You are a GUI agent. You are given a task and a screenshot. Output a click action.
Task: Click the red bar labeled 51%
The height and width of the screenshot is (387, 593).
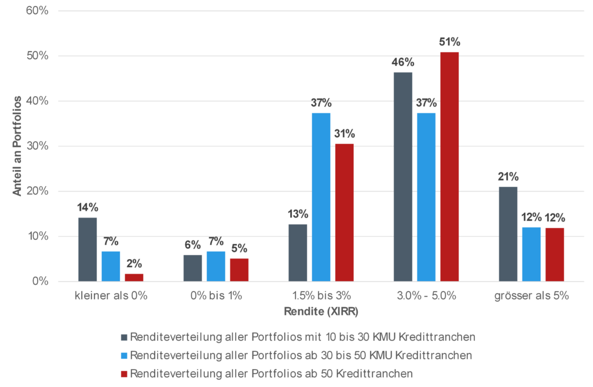tap(449, 167)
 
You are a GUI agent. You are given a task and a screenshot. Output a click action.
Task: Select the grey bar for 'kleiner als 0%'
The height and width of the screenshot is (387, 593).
tap(87, 249)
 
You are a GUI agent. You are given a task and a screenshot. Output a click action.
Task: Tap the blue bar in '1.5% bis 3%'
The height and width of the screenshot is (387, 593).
tap(321, 197)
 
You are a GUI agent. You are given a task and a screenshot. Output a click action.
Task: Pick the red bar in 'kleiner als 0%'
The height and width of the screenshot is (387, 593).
tap(134, 277)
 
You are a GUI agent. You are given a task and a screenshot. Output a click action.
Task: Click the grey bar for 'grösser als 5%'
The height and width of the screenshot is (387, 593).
tap(508, 234)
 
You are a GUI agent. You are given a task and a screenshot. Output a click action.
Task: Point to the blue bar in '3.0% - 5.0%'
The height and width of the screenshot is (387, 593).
tap(426, 197)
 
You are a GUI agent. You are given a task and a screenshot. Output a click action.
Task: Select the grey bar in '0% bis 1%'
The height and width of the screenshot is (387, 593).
tap(193, 268)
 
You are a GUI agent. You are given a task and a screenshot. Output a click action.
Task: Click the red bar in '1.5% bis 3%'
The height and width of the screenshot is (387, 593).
tap(344, 212)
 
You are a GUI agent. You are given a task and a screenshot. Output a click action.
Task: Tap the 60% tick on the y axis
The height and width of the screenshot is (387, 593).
tap(38, 11)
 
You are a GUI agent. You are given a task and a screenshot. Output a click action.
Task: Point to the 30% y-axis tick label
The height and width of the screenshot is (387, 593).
tap(38, 146)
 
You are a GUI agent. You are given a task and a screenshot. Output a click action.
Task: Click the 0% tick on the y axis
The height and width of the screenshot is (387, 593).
tap(41, 282)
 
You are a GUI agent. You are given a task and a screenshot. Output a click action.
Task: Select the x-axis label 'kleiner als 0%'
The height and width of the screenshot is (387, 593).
tap(111, 296)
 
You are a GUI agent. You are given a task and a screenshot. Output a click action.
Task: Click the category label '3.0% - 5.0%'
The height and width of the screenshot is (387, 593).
tap(426, 296)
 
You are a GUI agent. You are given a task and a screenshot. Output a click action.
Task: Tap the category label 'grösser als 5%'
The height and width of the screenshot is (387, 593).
tap(532, 296)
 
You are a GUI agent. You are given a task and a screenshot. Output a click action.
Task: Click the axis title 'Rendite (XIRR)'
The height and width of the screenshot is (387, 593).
tap(321, 312)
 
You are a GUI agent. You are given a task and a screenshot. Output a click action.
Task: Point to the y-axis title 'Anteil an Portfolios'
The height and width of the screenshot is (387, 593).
tap(17, 146)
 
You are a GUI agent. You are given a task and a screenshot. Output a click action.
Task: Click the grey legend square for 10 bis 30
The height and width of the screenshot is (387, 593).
tap(124, 336)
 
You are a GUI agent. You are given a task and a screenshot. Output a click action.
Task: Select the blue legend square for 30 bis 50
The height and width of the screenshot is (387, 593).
tap(124, 355)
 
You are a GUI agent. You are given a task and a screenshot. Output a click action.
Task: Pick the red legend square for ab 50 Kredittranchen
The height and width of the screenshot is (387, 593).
tap(124, 373)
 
